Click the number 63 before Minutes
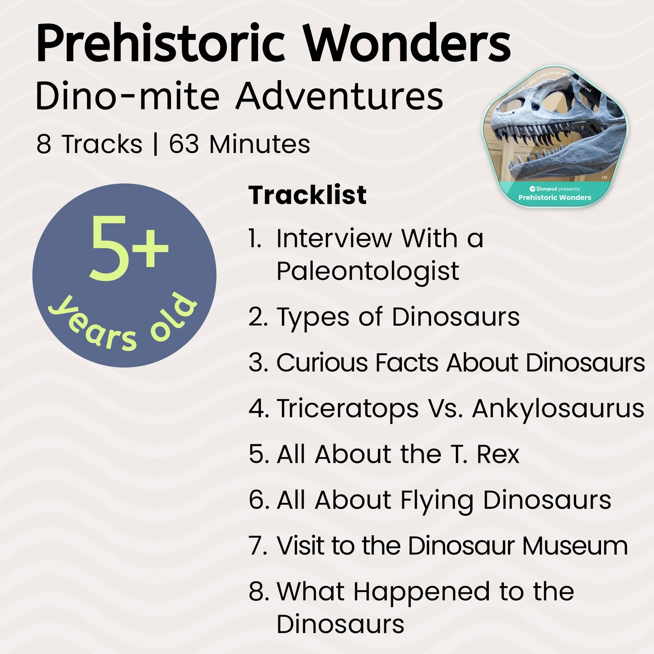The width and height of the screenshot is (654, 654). pyautogui.click(x=184, y=144)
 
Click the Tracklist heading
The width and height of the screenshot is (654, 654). pyautogui.click(x=307, y=195)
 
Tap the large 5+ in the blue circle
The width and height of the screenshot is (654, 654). pyautogui.click(x=129, y=248)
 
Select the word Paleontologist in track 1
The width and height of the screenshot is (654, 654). pyautogui.click(x=368, y=272)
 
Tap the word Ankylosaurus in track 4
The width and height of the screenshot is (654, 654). pyautogui.click(x=558, y=409)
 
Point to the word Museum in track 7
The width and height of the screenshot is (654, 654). pyautogui.click(x=575, y=546)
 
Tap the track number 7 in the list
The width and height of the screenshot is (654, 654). pyautogui.click(x=258, y=546)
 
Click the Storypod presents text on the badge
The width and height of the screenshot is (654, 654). pyautogui.click(x=555, y=189)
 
